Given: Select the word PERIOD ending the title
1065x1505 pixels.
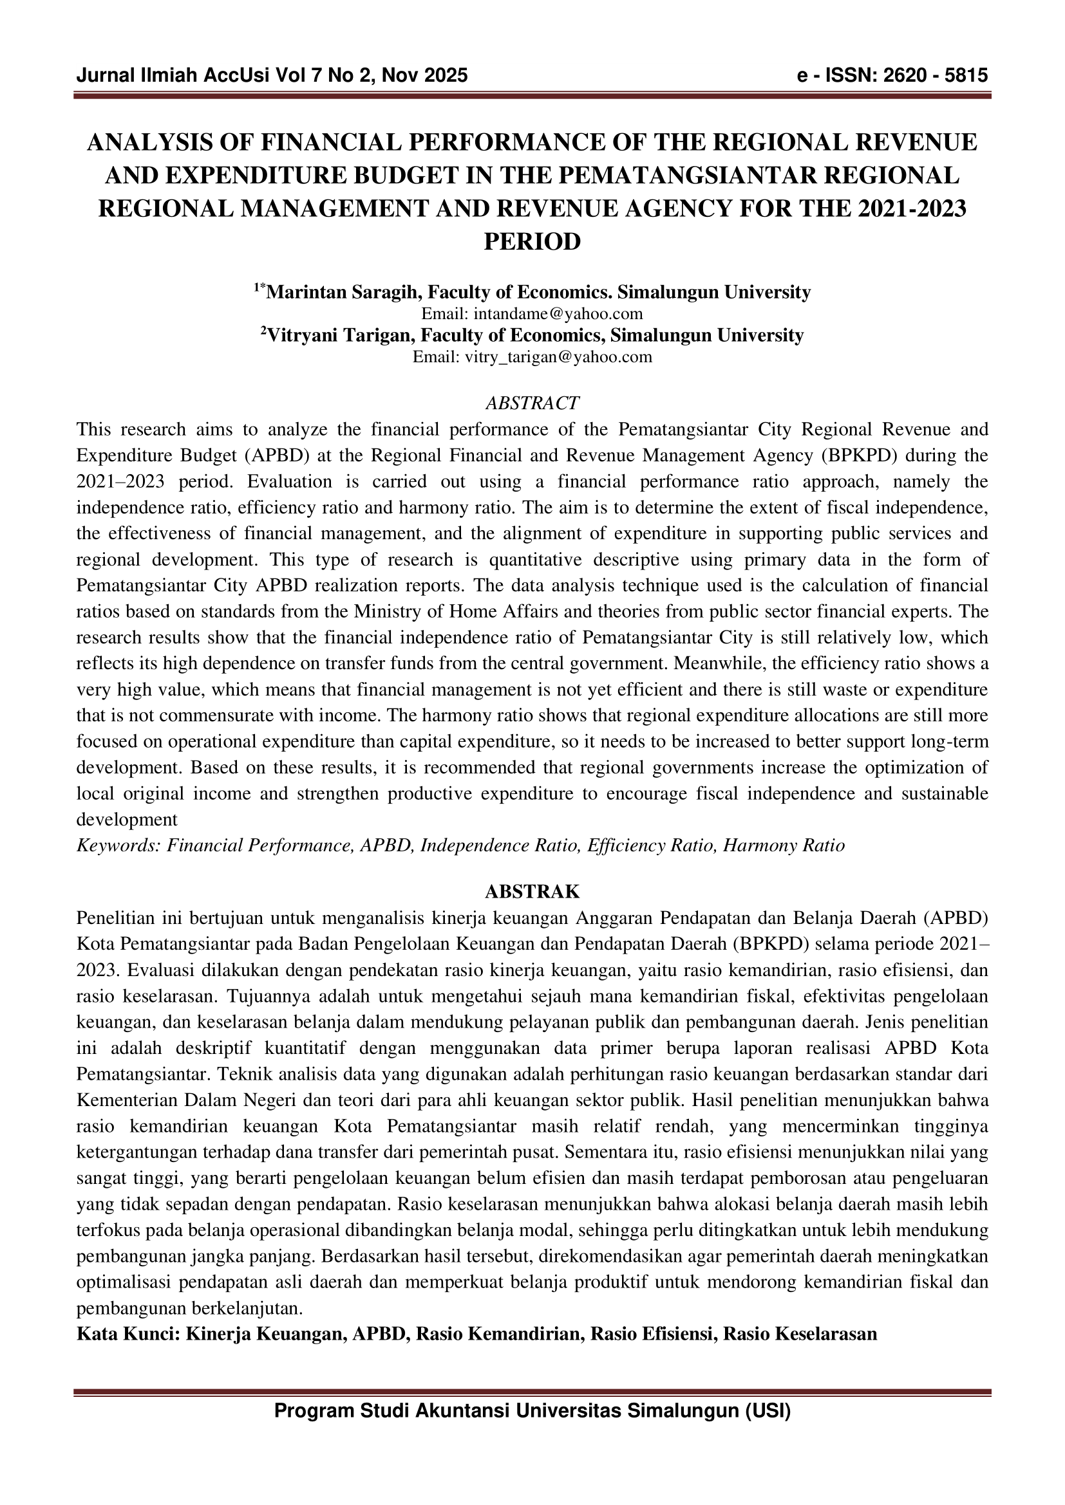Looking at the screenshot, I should [532, 241].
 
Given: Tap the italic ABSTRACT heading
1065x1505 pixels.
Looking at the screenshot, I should [532, 402].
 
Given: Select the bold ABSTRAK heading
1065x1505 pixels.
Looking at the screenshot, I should [532, 891].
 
